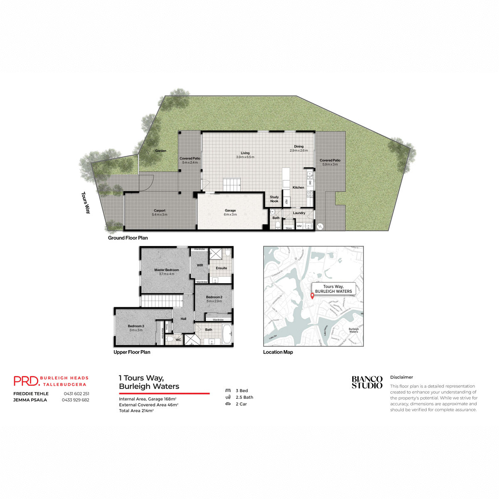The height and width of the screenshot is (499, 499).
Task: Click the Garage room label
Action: tap(230, 210)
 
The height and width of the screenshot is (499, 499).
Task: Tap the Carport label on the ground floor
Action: tap(159, 210)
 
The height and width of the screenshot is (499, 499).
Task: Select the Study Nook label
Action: tap(274, 199)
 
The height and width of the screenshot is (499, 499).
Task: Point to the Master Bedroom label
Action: tap(166, 270)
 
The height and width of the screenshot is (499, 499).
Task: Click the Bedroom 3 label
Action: tap(136, 326)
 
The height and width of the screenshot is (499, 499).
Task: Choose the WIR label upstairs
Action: tap(200, 265)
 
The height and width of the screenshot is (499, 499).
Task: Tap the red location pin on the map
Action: tap(312, 296)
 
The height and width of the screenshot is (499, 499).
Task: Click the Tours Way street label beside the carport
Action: tap(86, 203)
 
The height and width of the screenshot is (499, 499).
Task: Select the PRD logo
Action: tap(26, 381)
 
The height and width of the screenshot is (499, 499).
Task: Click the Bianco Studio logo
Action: tap(367, 382)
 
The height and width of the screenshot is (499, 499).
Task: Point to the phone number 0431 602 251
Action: tap(77, 393)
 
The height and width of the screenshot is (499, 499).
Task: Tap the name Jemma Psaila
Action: tap(30, 400)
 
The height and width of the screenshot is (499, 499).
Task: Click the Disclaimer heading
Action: tap(401, 377)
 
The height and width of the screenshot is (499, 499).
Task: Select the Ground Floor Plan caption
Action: tap(128, 238)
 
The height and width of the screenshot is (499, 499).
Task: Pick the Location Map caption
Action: tap(278, 352)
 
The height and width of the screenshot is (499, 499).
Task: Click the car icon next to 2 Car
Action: tap(228, 404)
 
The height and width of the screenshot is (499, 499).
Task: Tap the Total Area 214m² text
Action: tap(136, 411)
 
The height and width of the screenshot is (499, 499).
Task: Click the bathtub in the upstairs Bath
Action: tap(227, 334)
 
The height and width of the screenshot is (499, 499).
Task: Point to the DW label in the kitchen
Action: tap(310, 183)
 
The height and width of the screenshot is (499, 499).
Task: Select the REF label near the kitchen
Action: tap(287, 201)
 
